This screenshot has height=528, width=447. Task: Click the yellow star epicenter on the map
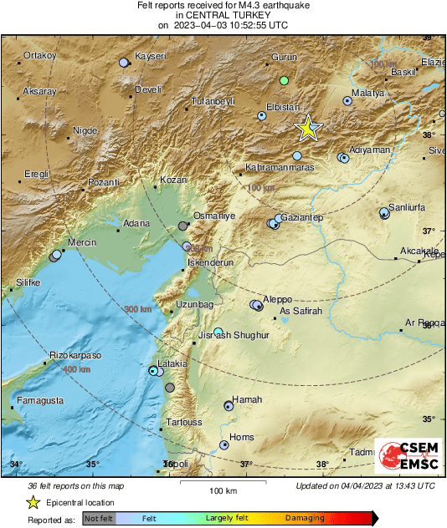coord(309,128)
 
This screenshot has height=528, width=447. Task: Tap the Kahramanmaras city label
coord(279,167)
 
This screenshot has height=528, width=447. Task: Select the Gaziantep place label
coord(301,217)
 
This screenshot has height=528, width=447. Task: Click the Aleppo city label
coord(278,298)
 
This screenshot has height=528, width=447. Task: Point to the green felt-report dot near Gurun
coord(284,80)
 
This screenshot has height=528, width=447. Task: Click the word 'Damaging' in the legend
coord(304,519)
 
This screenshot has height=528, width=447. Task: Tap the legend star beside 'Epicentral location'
coord(33,502)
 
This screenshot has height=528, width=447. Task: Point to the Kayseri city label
coord(152,56)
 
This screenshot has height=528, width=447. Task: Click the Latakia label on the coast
coord(172,363)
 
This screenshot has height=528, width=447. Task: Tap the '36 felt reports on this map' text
coord(75,486)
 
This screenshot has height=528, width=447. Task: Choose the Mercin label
coord(82,242)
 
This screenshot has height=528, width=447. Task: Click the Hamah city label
coord(247,399)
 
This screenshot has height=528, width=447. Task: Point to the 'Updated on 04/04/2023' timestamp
coord(365,486)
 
